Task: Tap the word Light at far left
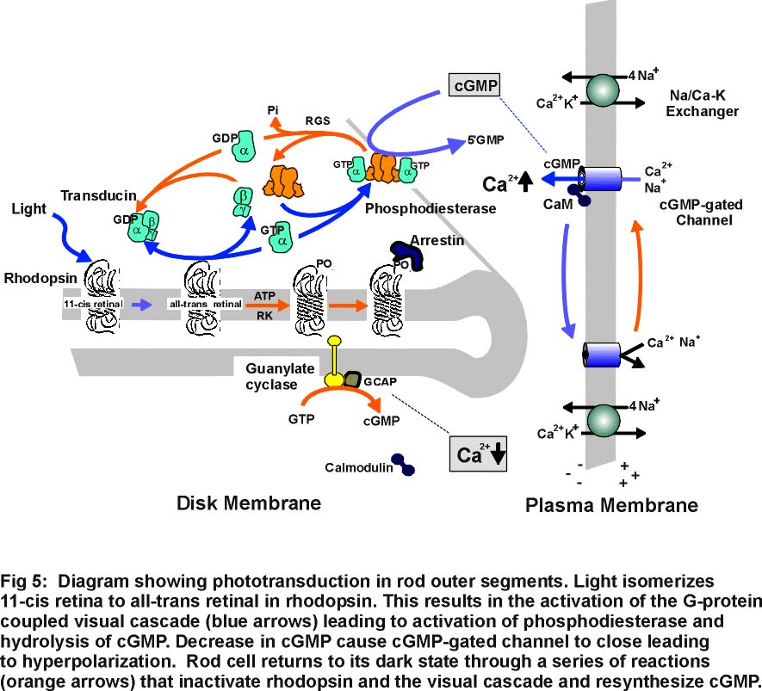(29, 208)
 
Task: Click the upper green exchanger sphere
(603, 89)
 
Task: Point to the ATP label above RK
(264, 294)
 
